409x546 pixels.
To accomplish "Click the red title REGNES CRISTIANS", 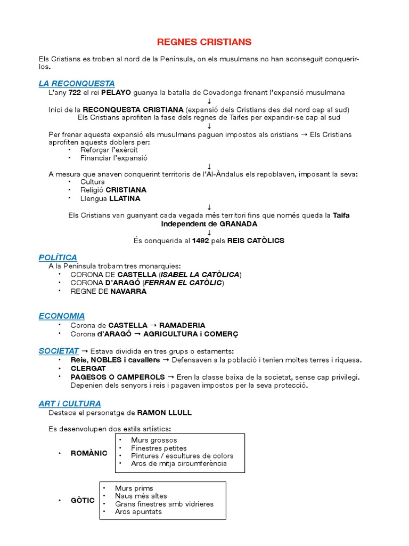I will pyautogui.click(x=204, y=42).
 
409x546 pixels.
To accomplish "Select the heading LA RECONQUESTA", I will pyautogui.click(x=77, y=84).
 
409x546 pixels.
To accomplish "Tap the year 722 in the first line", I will pyautogui.click(x=75, y=92).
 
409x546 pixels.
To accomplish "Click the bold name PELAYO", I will pyautogui.click(x=116, y=92).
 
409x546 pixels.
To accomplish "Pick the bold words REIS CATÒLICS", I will pyautogui.click(x=256, y=240).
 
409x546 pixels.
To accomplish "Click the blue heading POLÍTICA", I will pyautogui.click(x=58, y=258).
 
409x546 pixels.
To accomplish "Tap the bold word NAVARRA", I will pyautogui.click(x=128, y=291).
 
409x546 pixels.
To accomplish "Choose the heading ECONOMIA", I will pyautogui.click(x=62, y=316).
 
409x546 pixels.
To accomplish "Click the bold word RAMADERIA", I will pyautogui.click(x=182, y=325).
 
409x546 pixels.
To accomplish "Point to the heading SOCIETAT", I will pyautogui.click(x=59, y=351).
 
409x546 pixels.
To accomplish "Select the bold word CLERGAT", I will pyautogui.click(x=88, y=368).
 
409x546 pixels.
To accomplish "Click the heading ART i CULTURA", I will pyautogui.click(x=70, y=404).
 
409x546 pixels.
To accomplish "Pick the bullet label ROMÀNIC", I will pyautogui.click(x=89, y=453).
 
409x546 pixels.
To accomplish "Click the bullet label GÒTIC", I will pyautogui.click(x=83, y=500).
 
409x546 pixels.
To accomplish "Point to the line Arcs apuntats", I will pyautogui.click(x=138, y=512).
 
